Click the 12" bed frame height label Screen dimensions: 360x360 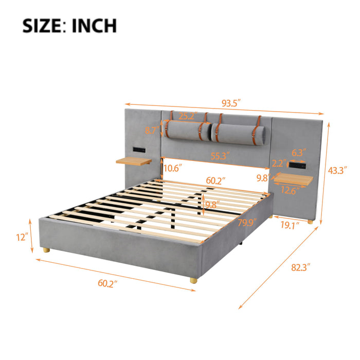click(x=21, y=238)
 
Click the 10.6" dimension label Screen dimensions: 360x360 click(x=173, y=168)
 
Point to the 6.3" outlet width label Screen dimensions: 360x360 click(x=298, y=152)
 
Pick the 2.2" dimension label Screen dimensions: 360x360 click(x=279, y=163)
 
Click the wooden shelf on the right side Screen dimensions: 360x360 click(x=294, y=179)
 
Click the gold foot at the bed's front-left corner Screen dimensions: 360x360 click(x=47, y=250)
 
